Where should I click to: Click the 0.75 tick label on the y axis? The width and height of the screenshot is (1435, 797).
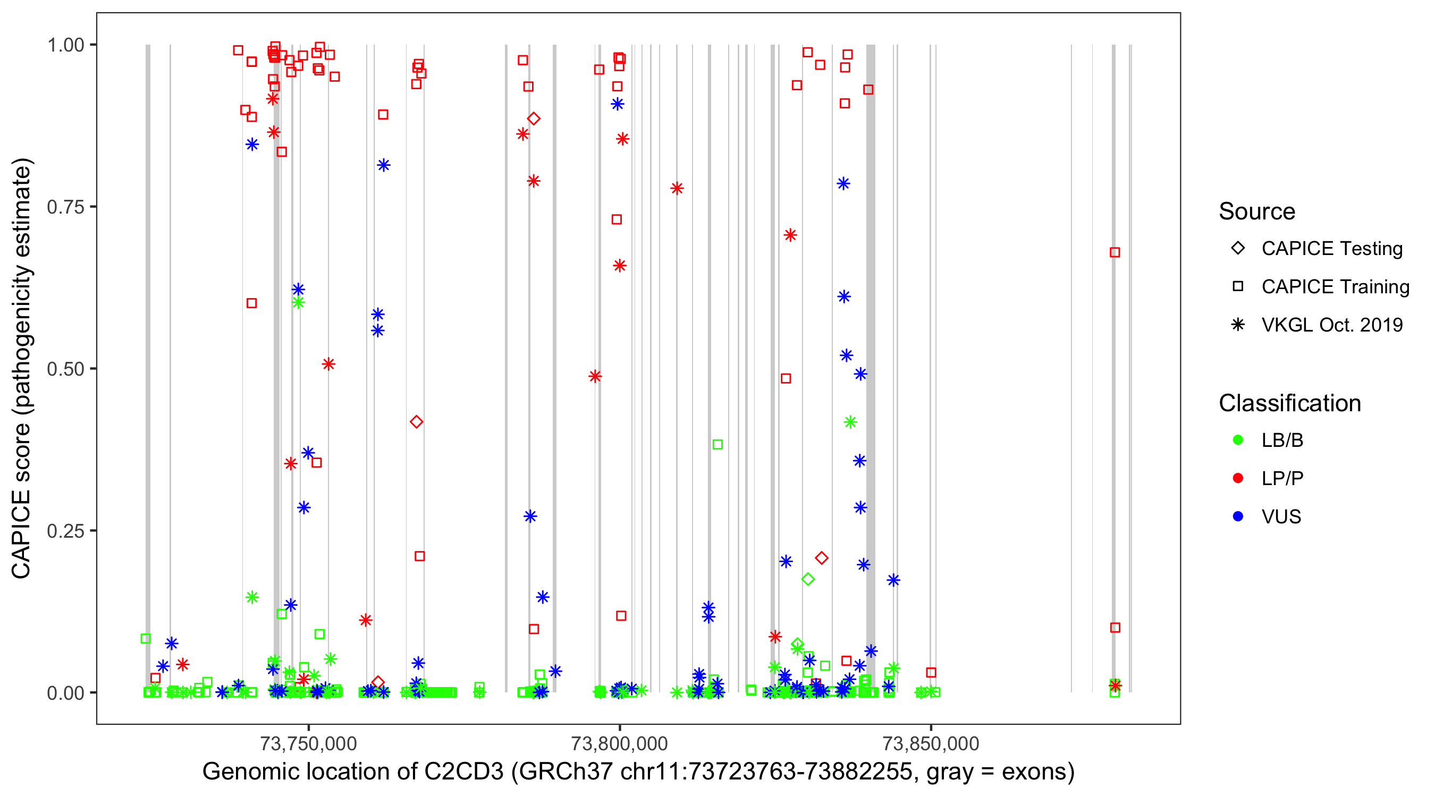pos(65,207)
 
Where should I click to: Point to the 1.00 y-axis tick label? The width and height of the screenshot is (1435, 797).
pos(65,45)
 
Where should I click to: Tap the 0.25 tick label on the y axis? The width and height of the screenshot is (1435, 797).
pos(65,531)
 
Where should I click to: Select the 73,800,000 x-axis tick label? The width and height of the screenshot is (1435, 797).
pos(619,743)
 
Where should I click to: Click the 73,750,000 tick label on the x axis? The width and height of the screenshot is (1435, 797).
pos(308,743)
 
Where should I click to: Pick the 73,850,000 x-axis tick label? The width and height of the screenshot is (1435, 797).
pos(930,743)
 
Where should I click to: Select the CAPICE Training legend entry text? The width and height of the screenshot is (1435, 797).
pos(1335,287)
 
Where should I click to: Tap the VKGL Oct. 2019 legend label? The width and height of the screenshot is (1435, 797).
pos(1331,325)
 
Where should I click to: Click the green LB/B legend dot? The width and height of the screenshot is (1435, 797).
pos(1238,440)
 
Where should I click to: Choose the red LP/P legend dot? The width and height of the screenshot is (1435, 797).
pos(1238,478)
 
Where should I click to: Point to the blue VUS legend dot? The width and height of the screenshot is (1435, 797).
pos(1238,516)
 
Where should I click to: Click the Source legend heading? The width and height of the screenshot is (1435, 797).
pos(1257,211)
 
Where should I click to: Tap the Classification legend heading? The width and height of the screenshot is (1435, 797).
pos(1289,403)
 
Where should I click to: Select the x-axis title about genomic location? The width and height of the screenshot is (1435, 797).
pos(638,772)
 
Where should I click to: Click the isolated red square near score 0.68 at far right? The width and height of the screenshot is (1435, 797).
pos(1114,252)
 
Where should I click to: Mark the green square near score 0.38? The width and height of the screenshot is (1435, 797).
pos(717,444)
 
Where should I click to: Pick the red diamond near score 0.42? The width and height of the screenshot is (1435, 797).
pos(416,422)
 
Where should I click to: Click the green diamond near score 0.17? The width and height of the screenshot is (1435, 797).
pos(808,579)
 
